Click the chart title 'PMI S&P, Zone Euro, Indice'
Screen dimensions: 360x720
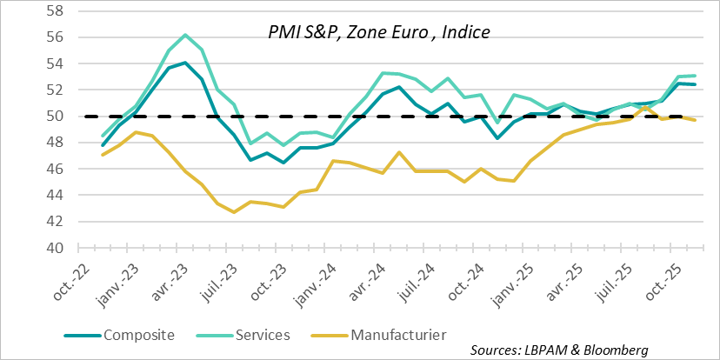(x=378, y=32)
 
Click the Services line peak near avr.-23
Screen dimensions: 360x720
(x=185, y=35)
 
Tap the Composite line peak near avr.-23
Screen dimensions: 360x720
(x=185, y=63)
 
